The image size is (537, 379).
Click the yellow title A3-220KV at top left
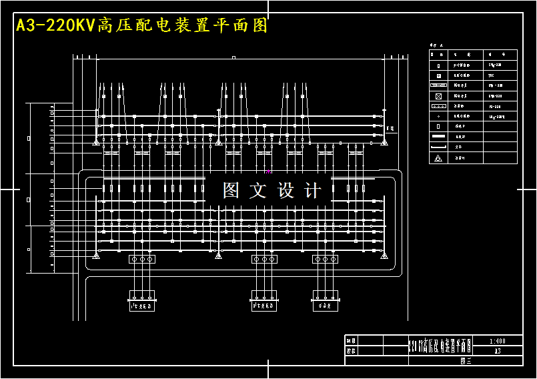56,26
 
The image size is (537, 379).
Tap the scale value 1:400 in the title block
497,340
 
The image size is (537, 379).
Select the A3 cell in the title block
497,350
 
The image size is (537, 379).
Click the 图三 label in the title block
466,360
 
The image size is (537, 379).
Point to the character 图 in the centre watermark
231,191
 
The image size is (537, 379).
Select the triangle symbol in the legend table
438,158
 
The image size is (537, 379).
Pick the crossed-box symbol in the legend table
438,96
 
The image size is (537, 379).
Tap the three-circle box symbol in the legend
438,106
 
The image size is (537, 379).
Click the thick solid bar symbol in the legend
438,136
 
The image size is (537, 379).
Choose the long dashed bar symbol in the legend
438,147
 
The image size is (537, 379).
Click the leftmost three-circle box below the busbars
141,259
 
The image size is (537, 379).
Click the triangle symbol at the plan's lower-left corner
97,254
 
